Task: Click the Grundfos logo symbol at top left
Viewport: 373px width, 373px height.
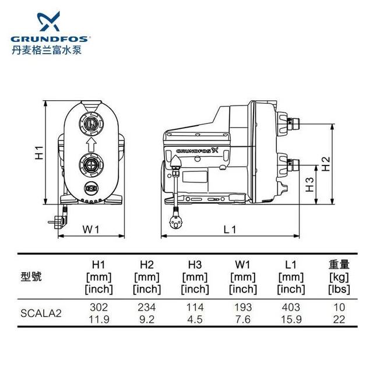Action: [x=49, y=22]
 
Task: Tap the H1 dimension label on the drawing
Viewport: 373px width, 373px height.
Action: [x=39, y=153]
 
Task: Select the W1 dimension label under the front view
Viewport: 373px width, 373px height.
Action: [x=91, y=229]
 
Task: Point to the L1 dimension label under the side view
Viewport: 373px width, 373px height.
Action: [x=230, y=229]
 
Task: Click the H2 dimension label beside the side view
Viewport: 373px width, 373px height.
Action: [x=326, y=164]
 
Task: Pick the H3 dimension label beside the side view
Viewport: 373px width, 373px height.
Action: [x=309, y=185]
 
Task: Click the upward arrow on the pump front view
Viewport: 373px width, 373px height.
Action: [x=91, y=145]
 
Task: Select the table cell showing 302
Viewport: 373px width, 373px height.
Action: [x=98, y=307]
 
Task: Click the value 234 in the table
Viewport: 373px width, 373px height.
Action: [x=147, y=307]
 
